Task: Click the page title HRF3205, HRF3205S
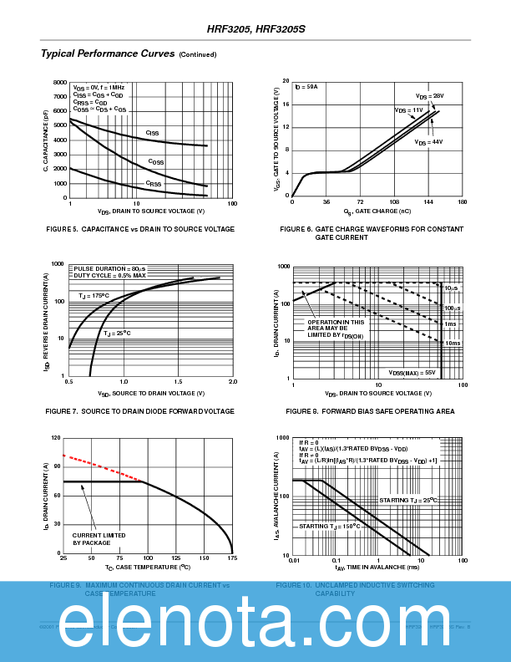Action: (x=256, y=28)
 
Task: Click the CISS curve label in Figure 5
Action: (x=152, y=133)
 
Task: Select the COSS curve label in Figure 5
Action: (x=156, y=161)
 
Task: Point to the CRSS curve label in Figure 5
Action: (x=154, y=184)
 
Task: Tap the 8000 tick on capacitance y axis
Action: (x=59, y=83)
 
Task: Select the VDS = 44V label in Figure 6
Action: (x=428, y=142)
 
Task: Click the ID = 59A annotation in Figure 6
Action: (x=306, y=87)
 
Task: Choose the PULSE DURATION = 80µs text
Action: (x=109, y=268)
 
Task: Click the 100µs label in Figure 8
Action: (x=451, y=308)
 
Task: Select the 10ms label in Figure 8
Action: (x=451, y=344)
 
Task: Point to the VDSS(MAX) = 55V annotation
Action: (x=412, y=372)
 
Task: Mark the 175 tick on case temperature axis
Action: (x=232, y=557)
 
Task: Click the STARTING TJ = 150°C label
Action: (x=331, y=527)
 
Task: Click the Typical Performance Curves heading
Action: (x=107, y=53)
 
